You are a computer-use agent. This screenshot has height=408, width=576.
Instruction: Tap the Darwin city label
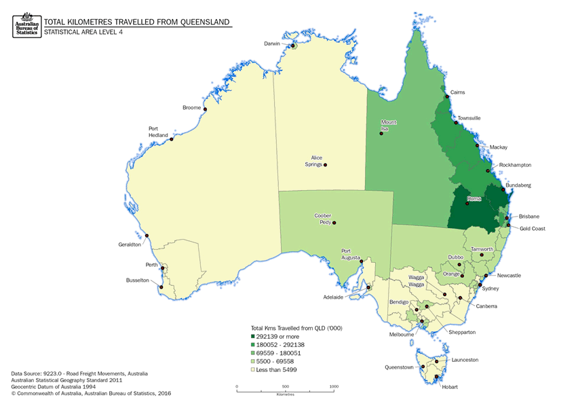[272, 43]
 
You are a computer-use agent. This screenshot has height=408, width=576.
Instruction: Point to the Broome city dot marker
[205, 109]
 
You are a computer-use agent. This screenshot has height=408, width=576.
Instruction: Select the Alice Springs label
[312, 160]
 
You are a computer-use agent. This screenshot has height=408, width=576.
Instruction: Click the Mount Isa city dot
[381, 133]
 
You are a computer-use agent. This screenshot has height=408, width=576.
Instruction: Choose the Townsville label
[469, 118]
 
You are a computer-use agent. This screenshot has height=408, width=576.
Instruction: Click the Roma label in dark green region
[474, 198]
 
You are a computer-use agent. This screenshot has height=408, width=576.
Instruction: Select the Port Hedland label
[158, 132]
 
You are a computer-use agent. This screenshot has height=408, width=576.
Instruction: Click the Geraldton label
[129, 244]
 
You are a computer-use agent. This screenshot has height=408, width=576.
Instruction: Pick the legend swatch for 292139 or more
[253, 337]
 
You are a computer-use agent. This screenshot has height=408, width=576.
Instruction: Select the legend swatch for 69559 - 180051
[253, 353]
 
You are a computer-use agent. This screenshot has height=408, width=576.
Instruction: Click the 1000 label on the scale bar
[334, 386]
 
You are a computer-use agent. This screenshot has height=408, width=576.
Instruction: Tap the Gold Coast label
[533, 229]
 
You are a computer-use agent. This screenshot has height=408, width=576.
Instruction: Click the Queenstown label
[400, 367]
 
